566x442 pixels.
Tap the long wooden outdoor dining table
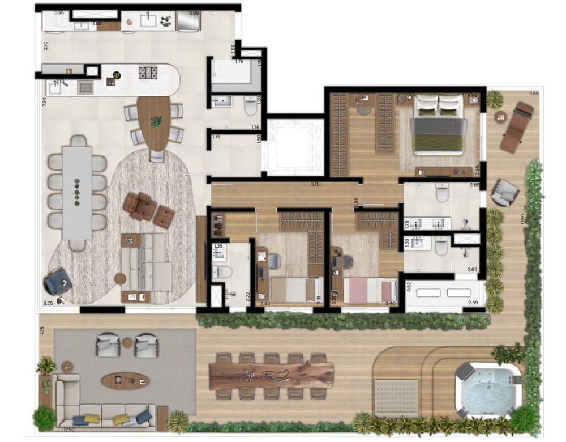pos(271,376)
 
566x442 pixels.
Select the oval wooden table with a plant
pos(154,123)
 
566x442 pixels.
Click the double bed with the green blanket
pos(438,124)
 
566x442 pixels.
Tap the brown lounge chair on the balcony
pos(517,127)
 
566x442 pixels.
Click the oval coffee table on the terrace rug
pos(126,380)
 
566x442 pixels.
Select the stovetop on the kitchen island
pos(148,73)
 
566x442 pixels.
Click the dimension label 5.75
pos(48,303)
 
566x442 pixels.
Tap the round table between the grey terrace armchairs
pos(127,342)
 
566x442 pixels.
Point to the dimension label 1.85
pos(534,93)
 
